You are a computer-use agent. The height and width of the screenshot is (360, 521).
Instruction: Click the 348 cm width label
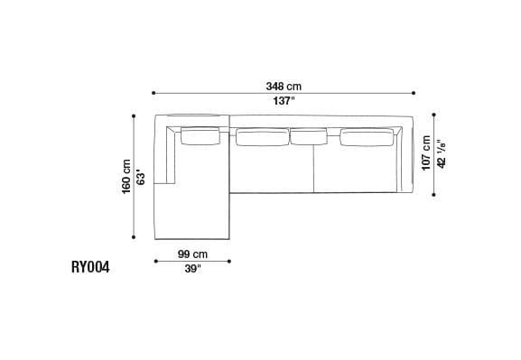284,86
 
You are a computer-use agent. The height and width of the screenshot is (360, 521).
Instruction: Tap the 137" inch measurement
284,101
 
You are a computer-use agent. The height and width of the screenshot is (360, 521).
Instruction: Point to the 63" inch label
141,174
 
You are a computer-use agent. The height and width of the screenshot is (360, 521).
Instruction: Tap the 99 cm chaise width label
193,254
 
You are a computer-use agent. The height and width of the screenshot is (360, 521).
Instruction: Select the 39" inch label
193,269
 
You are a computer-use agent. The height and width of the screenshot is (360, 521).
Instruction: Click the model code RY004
90,267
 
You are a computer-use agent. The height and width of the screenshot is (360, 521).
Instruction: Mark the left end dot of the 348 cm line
154,93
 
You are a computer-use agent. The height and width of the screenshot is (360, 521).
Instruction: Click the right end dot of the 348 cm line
413,93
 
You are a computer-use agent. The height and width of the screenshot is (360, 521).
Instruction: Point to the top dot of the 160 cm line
134,115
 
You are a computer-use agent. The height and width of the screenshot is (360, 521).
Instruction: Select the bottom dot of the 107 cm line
433,194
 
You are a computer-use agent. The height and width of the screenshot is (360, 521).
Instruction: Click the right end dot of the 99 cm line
230,262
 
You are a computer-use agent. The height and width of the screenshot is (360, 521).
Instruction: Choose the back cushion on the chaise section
201,136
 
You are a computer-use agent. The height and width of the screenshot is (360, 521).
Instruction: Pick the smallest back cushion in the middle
308,136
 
